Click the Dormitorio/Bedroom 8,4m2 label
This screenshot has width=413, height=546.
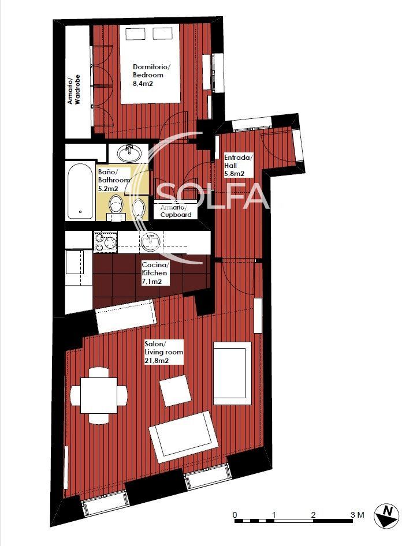(148, 75)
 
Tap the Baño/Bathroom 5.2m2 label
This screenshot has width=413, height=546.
(114, 179)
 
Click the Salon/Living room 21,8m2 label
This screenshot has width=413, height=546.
(163, 352)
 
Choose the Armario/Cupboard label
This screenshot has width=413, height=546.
(176, 211)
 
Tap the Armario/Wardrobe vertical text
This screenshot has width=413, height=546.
(75, 89)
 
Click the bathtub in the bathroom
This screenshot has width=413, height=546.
(80, 189)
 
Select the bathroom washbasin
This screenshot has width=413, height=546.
(129, 153)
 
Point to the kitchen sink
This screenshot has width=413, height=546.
(151, 242)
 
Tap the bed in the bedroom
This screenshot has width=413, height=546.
(150, 63)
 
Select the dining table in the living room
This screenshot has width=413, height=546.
(99, 395)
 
